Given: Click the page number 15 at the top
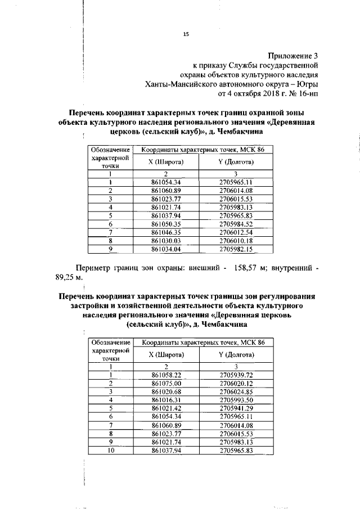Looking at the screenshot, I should (x=186, y=34).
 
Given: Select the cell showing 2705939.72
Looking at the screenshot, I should (x=236, y=374).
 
